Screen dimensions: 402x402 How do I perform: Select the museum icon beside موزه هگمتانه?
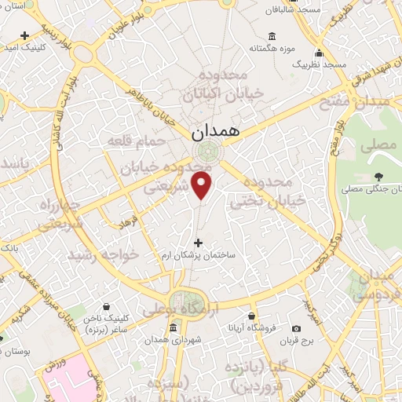point(272,35)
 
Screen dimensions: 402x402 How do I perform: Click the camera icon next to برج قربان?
point(295,329)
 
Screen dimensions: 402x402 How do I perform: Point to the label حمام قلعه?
point(137,140)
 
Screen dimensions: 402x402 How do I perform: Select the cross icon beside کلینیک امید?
point(25,35)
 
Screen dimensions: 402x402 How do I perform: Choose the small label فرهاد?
point(127,223)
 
